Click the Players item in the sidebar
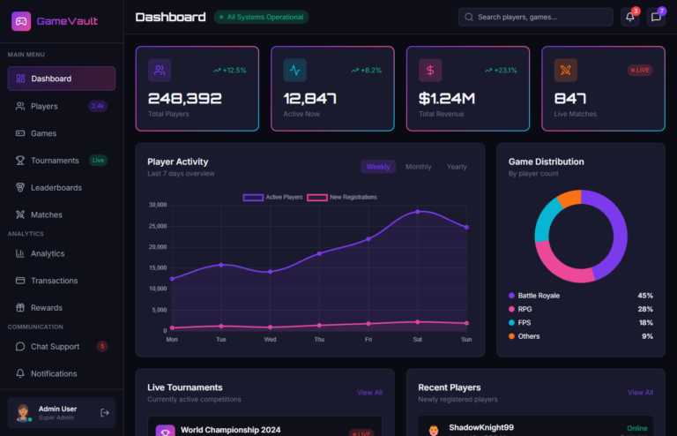44,106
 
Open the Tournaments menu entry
55,161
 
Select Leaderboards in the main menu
56,187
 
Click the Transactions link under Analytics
54,281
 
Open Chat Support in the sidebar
55,347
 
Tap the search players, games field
536,17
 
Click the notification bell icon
629,17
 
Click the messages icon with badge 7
656,17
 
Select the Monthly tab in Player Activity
418,167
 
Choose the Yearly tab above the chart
457,167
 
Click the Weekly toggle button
378,167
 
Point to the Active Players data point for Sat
418,212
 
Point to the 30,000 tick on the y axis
157,205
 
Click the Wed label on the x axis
270,339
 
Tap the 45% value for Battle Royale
644,296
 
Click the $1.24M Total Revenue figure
447,99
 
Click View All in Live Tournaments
369,392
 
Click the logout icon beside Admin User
105,412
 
